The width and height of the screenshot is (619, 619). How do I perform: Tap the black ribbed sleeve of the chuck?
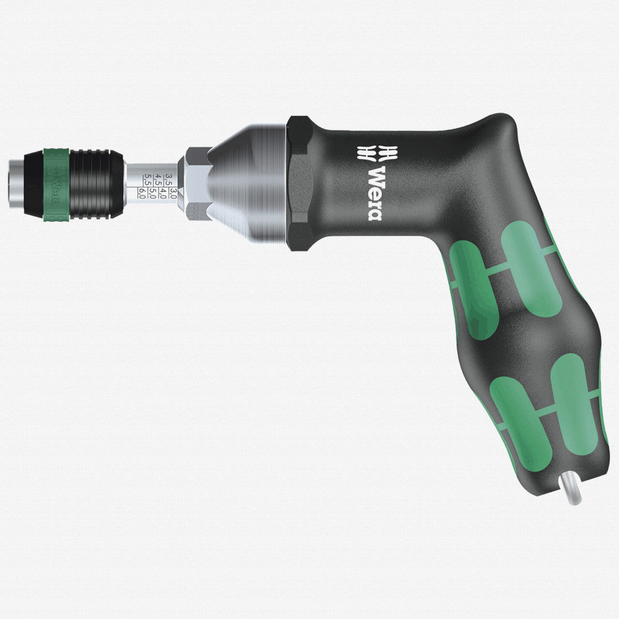click(x=93, y=183)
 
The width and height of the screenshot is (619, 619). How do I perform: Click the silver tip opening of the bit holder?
click(x=15, y=183)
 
